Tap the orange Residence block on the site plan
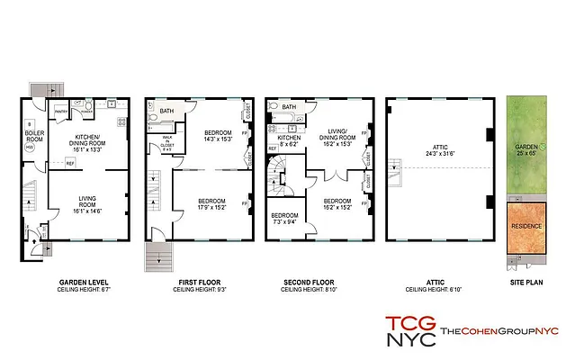pos(526,229)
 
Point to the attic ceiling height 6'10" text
pos(438,291)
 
